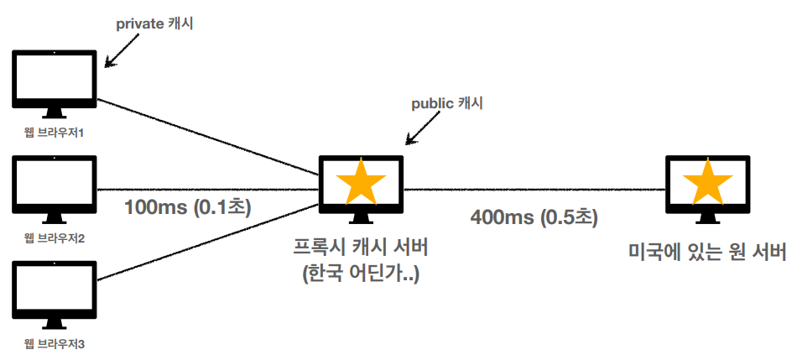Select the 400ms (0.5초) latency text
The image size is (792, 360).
tap(534, 217)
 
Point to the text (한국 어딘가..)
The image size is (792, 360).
tap(361, 274)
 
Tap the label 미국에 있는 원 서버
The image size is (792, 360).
tap(707, 251)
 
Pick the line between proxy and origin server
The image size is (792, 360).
tap(534, 189)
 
